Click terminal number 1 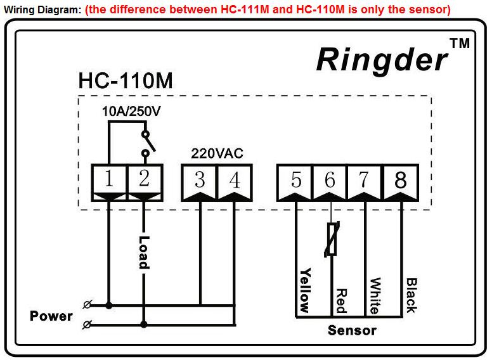click(109, 183)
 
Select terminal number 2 click(145, 183)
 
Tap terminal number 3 click(200, 183)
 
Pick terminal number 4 click(235, 183)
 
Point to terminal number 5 click(295, 183)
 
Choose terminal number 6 click(330, 183)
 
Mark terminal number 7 click(365, 183)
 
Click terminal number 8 click(401, 183)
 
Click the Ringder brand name click(382, 60)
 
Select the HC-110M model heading click(126, 80)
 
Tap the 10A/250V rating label click(131, 112)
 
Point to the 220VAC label click(217, 153)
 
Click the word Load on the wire click(144, 252)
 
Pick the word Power click(51, 316)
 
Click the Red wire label click(341, 301)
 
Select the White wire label click(375, 295)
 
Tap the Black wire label click(411, 295)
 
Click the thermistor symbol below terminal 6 click(332, 239)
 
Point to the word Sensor click(352, 330)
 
